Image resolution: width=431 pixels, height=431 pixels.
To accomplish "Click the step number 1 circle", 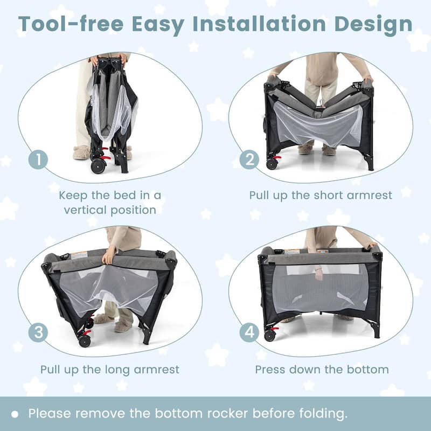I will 38,159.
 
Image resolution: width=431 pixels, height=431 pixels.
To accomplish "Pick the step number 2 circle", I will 249,159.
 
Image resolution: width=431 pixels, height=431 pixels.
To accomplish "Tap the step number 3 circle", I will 38,332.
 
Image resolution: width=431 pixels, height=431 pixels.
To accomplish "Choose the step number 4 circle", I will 249,332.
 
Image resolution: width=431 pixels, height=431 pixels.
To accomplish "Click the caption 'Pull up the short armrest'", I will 321,195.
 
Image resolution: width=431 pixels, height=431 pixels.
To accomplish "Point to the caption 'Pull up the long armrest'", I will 110,370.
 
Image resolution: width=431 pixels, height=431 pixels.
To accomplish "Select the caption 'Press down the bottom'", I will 322,370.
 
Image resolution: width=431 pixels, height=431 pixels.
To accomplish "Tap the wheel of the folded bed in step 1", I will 98,166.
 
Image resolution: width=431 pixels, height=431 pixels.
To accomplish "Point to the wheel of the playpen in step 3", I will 85,341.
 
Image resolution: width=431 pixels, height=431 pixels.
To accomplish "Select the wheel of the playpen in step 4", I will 270,335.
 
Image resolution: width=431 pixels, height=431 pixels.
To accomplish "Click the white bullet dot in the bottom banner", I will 15,414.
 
